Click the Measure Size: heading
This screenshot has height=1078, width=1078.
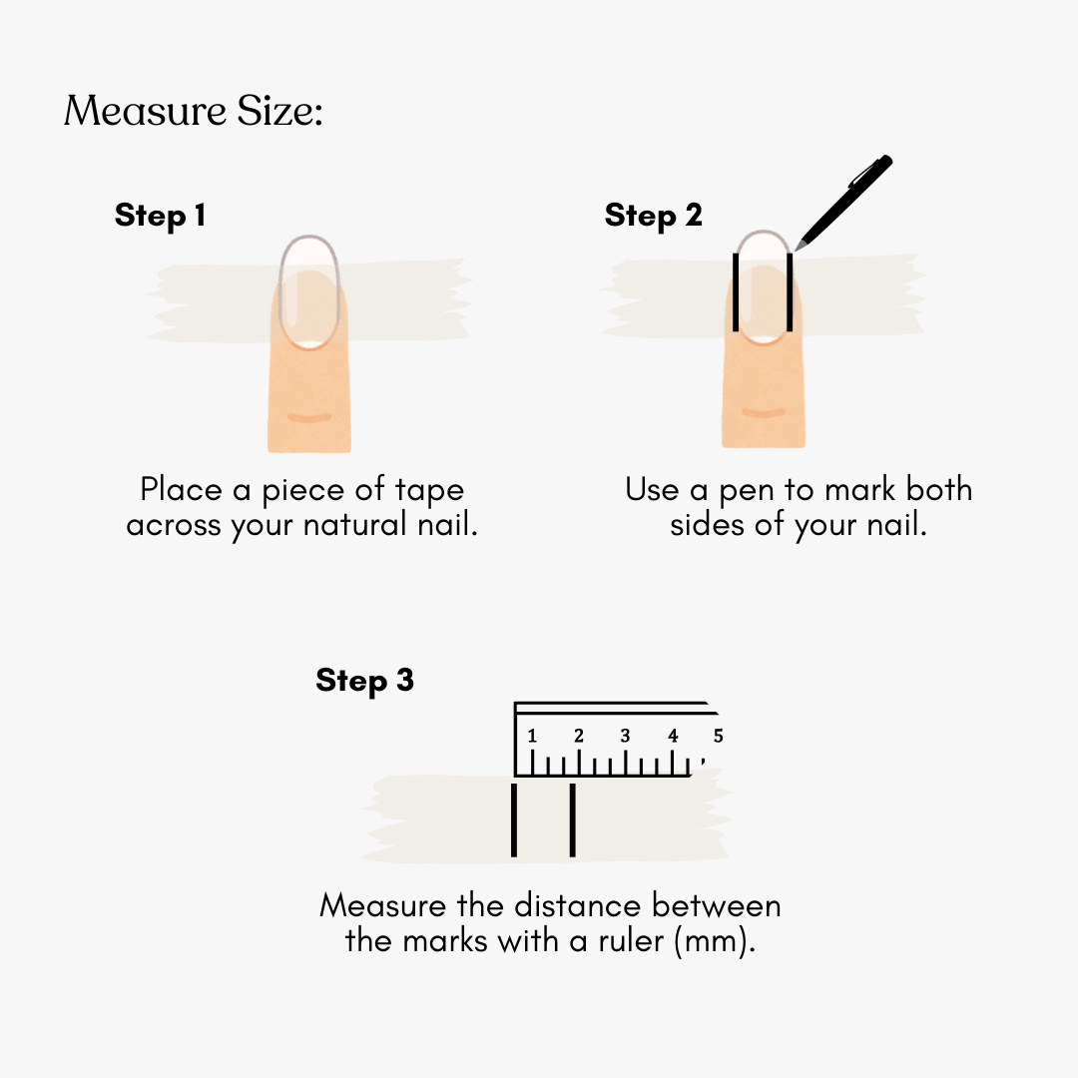point(194,111)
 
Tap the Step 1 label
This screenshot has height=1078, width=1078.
point(160,216)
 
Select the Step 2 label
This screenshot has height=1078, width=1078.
point(653,216)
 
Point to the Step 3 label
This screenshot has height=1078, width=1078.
point(364,682)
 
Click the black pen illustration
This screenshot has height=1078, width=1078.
point(843,203)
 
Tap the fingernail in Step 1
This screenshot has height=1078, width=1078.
point(309,292)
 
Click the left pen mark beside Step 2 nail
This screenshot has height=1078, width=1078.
point(736,292)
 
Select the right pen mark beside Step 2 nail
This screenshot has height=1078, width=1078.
point(790,292)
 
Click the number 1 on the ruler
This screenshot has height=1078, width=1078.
point(531,737)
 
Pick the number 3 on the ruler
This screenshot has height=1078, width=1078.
point(625,737)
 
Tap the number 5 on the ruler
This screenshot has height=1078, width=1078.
point(719,737)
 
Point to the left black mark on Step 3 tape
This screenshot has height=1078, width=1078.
point(514,820)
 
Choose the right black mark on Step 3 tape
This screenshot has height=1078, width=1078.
point(573,820)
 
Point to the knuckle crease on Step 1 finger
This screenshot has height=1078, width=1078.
point(309,417)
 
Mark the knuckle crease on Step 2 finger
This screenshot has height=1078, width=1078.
point(764,412)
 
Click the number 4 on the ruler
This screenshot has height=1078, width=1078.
point(673,737)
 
